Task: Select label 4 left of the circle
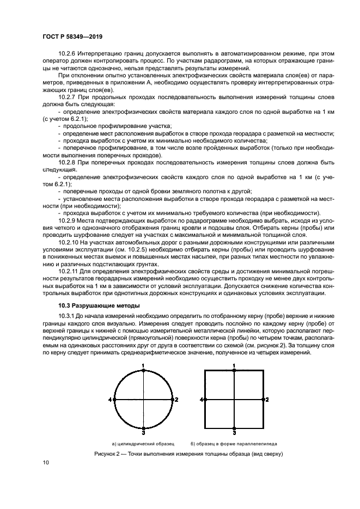click(x=110, y=400)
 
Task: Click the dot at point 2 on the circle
click(x=172, y=400)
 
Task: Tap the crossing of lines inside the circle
click(x=143, y=400)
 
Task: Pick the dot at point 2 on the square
click(x=263, y=400)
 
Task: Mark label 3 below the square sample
click(x=234, y=433)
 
